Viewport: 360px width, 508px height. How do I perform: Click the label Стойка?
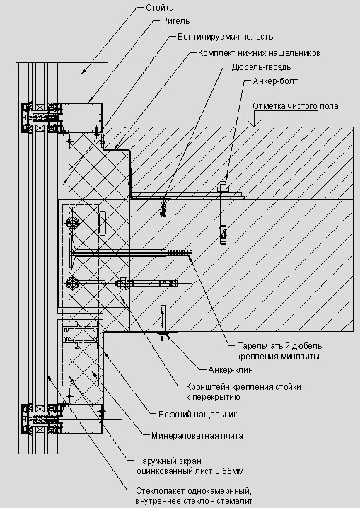click(160, 8)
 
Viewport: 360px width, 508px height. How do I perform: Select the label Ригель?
click(176, 21)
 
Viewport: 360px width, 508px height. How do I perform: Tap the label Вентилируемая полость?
click(226, 37)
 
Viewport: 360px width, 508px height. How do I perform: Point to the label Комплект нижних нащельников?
click(259, 53)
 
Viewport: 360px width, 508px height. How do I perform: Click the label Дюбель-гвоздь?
click(261, 67)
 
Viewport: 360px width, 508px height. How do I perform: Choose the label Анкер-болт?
click(275, 81)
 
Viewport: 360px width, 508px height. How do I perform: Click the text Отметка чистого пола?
click(296, 106)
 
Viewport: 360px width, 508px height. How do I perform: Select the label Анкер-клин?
click(231, 369)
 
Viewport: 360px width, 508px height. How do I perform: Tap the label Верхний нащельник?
click(198, 415)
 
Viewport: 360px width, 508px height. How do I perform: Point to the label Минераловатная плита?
click(197, 436)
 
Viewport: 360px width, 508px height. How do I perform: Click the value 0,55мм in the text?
click(229, 471)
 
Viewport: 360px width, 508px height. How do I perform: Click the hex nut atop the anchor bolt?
click(223, 187)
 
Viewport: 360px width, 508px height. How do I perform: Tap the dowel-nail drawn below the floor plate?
click(163, 207)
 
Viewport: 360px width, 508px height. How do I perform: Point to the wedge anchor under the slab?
click(163, 323)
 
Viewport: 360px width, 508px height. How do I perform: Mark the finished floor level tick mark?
click(255, 123)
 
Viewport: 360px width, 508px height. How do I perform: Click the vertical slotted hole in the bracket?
click(102, 223)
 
